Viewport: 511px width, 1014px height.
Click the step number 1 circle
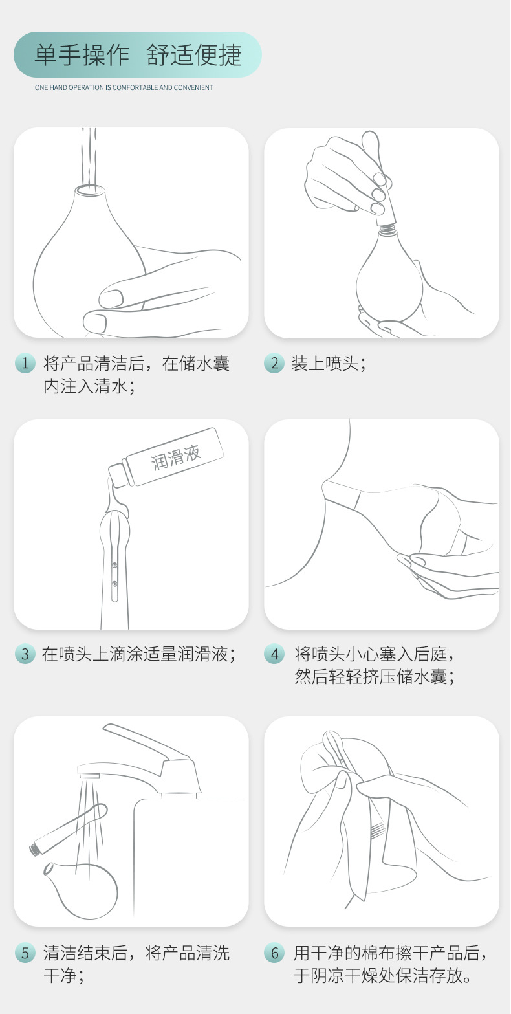tap(25, 363)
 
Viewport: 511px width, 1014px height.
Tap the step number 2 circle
tap(274, 363)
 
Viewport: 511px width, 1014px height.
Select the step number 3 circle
tap(25, 654)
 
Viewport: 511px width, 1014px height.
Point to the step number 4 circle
tap(274, 654)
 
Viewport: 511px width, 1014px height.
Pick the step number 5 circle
tap(25, 953)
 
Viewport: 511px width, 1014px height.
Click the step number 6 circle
tap(274, 953)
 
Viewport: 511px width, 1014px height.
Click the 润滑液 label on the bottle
tap(175, 457)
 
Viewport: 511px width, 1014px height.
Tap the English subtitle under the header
tap(124, 87)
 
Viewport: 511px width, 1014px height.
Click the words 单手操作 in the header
tap(82, 55)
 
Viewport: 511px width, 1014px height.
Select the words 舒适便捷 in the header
tap(194, 55)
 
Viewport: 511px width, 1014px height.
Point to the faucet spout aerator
tap(90, 775)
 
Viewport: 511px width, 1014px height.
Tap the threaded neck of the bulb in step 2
tap(387, 230)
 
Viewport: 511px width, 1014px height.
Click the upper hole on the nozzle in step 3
tap(114, 566)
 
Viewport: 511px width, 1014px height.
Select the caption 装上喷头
tap(329, 364)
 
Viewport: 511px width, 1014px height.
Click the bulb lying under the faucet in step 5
tap(81, 890)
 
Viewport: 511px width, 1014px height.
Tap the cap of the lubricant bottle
tap(118, 475)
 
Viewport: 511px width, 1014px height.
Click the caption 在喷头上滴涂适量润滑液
tap(139, 654)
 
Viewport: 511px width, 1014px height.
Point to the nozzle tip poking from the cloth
tap(332, 742)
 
